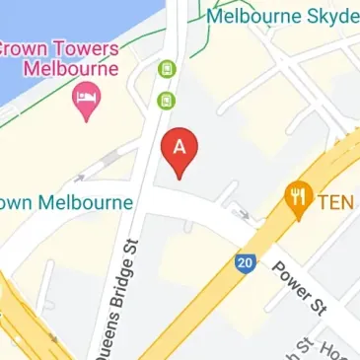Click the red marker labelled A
tap(180, 151)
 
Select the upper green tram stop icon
tap(168, 68)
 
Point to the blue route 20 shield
tap(245, 262)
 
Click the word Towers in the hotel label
tap(85, 48)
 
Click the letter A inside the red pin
tap(180, 146)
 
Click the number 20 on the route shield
tap(245, 263)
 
